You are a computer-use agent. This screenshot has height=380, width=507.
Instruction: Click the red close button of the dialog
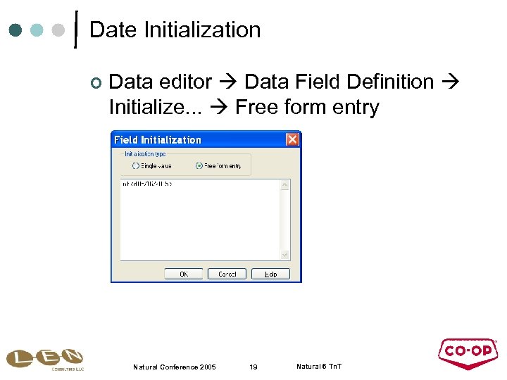[292, 139]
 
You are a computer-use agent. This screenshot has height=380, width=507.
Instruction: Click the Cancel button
[227, 274]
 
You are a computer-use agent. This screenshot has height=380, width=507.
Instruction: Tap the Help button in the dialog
[270, 274]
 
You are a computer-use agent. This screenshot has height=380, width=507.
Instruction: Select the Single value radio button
[136, 165]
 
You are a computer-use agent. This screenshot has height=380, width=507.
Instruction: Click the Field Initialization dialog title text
[158, 139]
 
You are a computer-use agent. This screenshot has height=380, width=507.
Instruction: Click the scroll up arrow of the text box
[285, 185]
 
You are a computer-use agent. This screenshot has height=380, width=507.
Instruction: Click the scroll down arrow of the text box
[285, 255]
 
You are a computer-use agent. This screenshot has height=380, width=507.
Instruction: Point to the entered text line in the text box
[147, 184]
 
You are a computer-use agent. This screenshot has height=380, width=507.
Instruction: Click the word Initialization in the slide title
[202, 30]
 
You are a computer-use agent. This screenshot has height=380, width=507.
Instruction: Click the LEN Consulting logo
[44, 360]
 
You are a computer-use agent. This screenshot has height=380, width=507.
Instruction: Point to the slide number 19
[254, 367]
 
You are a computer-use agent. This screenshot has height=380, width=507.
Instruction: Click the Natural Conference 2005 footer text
[175, 367]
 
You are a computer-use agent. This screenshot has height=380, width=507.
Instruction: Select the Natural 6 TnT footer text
[319, 367]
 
